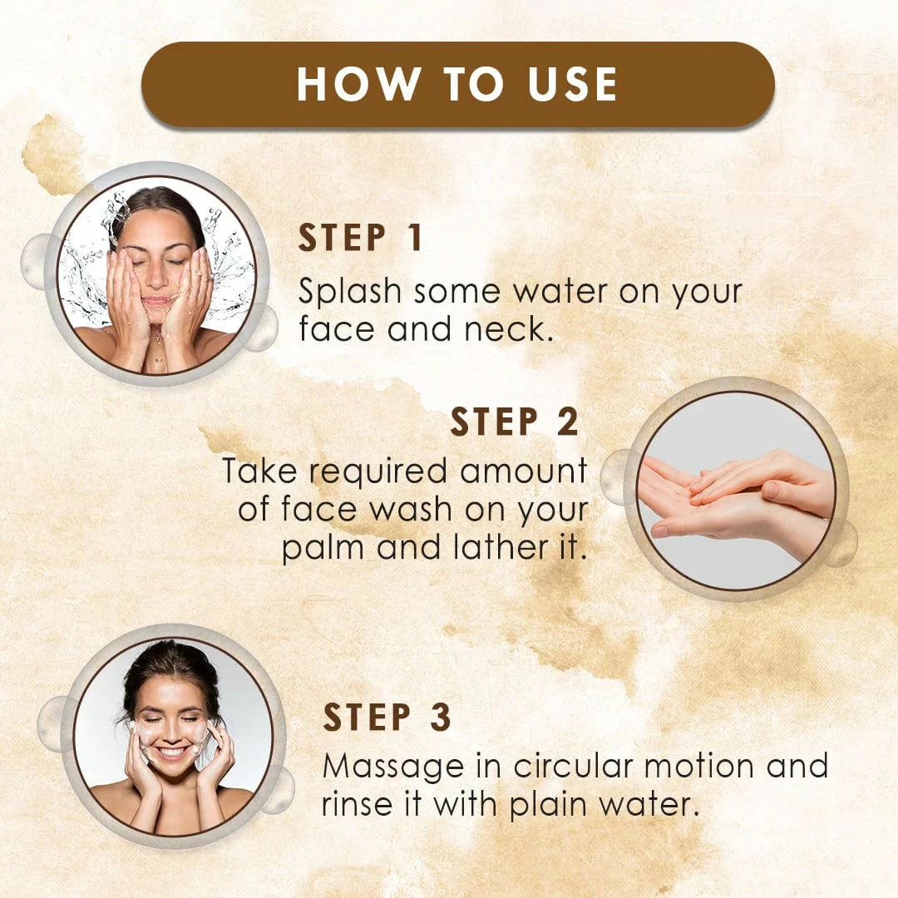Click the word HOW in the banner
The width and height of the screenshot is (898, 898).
tap(358, 84)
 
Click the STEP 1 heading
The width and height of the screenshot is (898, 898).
tap(360, 238)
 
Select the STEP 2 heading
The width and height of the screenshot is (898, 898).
tap(515, 422)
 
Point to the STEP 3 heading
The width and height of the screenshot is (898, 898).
tap(387, 717)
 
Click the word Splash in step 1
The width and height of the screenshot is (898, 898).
tap(349, 292)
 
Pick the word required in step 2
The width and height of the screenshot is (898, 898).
tap(377, 472)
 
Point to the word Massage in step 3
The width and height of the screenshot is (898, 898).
tap(393, 767)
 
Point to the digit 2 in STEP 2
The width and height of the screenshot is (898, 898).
tap(568, 422)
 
